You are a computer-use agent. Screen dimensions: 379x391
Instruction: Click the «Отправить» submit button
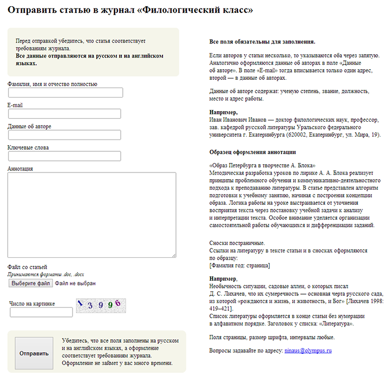[34, 353]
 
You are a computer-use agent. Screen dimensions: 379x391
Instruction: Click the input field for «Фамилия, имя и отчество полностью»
[65, 93]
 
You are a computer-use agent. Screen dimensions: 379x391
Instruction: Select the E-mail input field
[64, 114]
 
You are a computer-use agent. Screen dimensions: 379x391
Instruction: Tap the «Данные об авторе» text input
[64, 135]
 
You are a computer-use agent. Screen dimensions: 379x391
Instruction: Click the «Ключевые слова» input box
[64, 156]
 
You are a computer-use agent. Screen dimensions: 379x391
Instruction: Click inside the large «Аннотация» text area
[92, 215]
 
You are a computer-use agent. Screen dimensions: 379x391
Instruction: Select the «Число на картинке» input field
[41, 312]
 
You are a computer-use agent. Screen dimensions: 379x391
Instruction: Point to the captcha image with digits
[99, 304]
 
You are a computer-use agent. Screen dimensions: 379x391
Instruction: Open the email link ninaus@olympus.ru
[308, 351]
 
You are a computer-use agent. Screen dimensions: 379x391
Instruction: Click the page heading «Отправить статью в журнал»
[130, 10]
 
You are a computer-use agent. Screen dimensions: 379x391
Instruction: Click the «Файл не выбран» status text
[76, 284]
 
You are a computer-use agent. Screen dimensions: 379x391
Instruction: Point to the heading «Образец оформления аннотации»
[252, 152]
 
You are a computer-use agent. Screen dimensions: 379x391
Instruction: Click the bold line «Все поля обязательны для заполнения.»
[262, 41]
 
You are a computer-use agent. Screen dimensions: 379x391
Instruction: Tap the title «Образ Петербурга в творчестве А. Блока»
[262, 166]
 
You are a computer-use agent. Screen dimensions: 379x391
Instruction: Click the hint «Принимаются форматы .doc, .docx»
[46, 275]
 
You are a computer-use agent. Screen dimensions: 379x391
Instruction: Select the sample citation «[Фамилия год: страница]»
[240, 266]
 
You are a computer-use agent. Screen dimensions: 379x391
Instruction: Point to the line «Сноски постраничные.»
[237, 243]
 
